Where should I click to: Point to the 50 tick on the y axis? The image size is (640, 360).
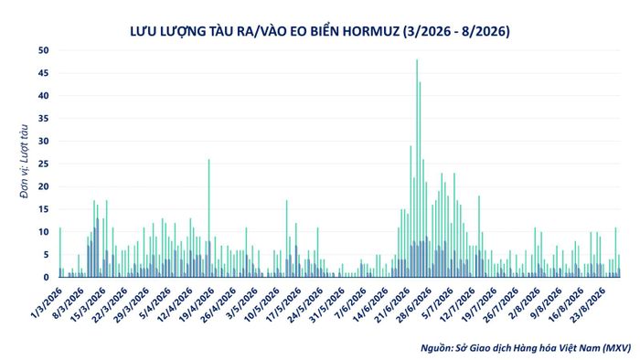(x=43, y=50)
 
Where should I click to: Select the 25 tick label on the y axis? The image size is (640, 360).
(x=43, y=164)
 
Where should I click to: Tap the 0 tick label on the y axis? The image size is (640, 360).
(x=46, y=277)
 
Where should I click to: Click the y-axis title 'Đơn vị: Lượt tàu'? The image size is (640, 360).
(x=25, y=162)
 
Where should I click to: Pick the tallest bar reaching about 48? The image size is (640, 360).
(x=417, y=168)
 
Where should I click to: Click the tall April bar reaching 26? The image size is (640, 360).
(x=209, y=218)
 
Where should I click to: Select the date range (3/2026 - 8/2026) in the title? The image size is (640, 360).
(x=456, y=31)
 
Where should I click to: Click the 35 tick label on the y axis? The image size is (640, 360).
(x=43, y=119)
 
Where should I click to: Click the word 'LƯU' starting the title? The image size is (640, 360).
(x=141, y=31)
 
